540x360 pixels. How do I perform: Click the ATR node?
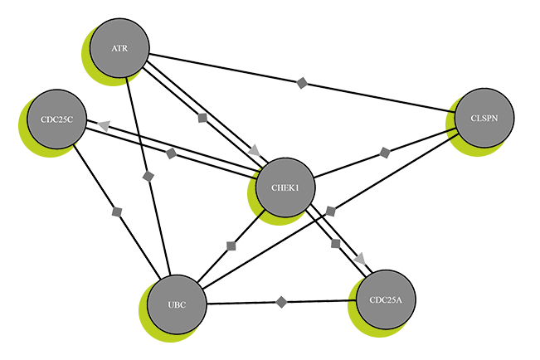click(119, 49)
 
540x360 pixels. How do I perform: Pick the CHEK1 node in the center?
click(285, 187)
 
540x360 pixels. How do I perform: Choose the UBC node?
click(177, 304)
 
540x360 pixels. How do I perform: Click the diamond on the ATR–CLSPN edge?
click(303, 82)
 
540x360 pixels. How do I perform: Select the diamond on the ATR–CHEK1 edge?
click(202, 118)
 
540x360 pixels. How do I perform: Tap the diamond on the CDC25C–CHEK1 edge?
click(171, 153)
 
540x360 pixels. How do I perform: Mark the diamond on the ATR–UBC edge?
click(148, 176)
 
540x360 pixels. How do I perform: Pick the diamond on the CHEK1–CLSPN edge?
click(384, 153)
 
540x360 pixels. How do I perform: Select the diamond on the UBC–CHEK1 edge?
click(231, 246)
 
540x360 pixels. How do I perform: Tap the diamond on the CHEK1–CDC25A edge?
click(335, 243)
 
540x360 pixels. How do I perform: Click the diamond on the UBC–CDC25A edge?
click(282, 301)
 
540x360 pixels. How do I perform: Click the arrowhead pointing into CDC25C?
click(103, 124)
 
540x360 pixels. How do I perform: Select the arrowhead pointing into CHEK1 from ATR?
click(254, 150)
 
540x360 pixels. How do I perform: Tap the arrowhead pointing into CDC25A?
click(360, 260)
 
